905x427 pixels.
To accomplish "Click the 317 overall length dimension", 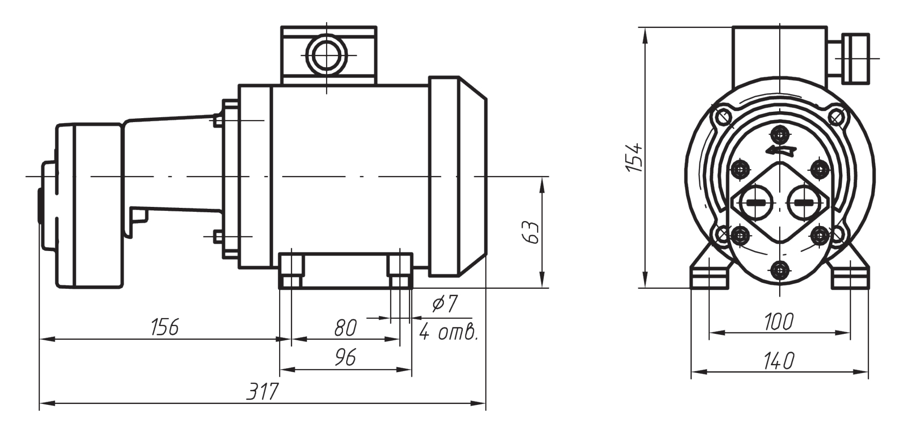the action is coord(262,391).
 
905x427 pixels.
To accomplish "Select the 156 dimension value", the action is coord(165,327).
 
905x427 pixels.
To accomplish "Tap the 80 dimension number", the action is coord(346,328).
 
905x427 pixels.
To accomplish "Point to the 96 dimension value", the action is coord(345,358).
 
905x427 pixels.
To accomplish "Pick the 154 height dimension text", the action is coord(635,157).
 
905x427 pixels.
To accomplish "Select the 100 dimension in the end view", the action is coord(779,322).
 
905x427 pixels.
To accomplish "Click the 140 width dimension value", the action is coord(779,361).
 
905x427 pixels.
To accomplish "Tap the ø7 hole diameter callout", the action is coord(444,304).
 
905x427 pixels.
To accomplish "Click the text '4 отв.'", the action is coord(448,333).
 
